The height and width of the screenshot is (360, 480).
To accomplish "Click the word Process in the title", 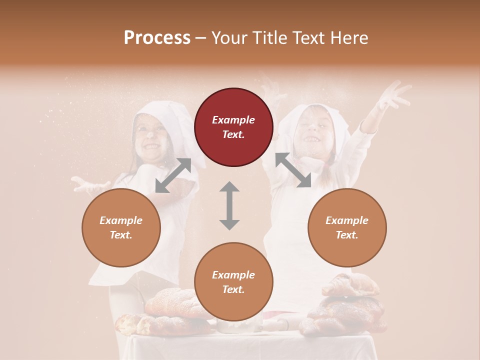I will click(x=157, y=38).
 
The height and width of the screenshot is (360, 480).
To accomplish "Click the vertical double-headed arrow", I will click(x=229, y=205).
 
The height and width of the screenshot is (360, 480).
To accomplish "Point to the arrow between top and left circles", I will click(x=173, y=175).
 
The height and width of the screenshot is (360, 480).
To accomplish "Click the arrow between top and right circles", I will click(x=293, y=170).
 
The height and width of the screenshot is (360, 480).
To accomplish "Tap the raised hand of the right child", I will click(x=395, y=95).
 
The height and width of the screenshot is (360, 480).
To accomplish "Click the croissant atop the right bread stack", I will click(x=350, y=285).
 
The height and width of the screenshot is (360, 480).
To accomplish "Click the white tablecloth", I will click(x=250, y=347).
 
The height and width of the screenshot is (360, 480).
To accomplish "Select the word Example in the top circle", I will click(x=233, y=120).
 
